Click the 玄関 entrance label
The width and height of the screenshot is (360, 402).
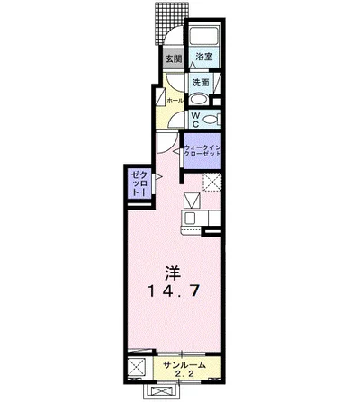pos(174,58)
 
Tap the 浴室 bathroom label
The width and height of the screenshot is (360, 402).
pos(204,57)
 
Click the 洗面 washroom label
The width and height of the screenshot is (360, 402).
pos(201,83)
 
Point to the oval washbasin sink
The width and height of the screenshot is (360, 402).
pos(199,99)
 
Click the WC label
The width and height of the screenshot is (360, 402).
pos(195,120)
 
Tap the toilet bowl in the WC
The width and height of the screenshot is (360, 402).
pos(210,120)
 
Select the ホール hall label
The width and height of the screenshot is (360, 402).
pos(175,101)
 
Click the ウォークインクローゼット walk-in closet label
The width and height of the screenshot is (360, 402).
pos(202,151)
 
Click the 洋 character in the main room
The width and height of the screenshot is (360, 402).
pos(174,272)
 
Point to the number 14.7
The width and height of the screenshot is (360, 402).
pos(174,290)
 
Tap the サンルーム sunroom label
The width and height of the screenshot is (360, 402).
pos(184,365)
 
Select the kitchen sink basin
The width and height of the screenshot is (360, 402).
pos(190,219)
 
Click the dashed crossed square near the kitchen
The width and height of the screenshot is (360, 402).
pos(212,183)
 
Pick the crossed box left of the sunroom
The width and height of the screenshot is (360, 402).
pos(137,366)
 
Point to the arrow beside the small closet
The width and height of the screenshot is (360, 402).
pos(158,177)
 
